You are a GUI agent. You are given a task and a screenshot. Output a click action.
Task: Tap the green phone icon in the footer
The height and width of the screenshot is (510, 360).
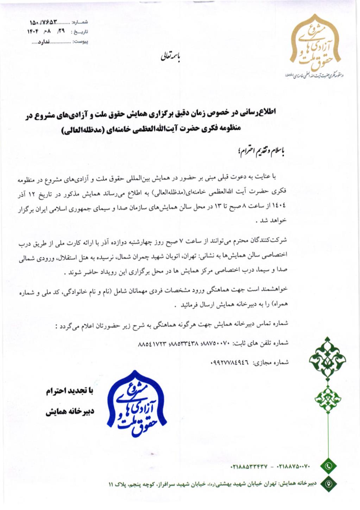(328, 466)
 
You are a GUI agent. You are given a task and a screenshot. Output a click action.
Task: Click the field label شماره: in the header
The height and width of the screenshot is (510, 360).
(80, 23)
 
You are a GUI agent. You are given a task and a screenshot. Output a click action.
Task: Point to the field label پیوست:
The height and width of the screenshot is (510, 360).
(80, 42)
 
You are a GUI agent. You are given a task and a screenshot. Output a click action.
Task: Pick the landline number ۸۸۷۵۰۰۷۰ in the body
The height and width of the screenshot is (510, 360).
(215, 343)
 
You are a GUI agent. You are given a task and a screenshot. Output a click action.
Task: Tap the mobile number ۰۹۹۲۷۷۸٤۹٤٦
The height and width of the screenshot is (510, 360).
(229, 362)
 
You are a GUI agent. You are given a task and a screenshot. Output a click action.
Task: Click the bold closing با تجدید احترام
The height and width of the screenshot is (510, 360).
(69, 391)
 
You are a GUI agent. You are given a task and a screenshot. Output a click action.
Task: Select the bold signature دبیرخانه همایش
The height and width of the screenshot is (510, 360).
(69, 412)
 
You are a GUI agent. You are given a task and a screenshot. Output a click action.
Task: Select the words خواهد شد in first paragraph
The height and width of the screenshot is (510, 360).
(273, 221)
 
